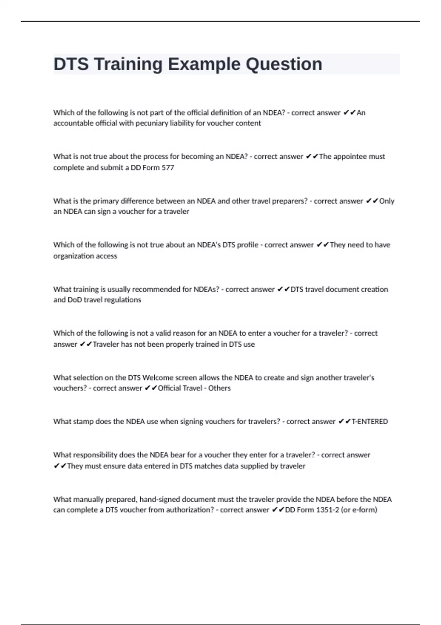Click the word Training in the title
pos(128,64)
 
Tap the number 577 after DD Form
pos(168,168)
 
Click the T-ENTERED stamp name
pos(370,422)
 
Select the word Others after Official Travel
pos(219,388)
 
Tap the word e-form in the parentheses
pos(365,510)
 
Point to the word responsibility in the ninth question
pos(94,455)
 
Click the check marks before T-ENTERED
pos(344,422)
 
